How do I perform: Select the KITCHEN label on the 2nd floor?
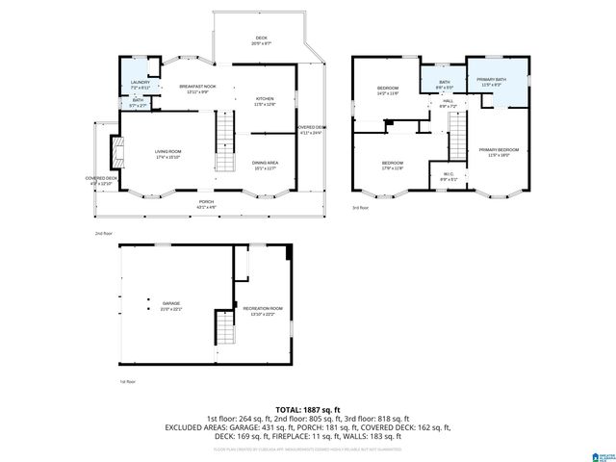pos(265,101)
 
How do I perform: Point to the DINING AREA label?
pos(265,165)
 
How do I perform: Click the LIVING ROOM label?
pos(169,154)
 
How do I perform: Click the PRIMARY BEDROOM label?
pos(500,152)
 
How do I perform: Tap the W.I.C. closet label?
pos(448,177)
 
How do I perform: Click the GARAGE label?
pos(170,306)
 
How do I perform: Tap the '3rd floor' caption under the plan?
pos(360,208)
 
